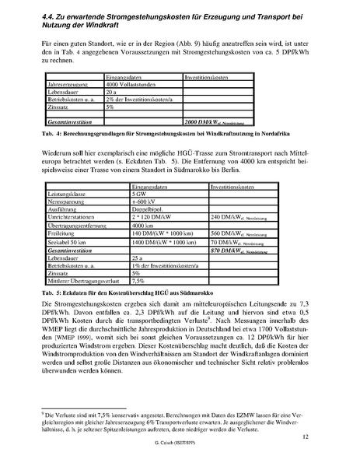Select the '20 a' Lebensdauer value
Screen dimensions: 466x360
(113, 93)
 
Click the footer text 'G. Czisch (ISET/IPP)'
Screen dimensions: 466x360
(180, 453)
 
